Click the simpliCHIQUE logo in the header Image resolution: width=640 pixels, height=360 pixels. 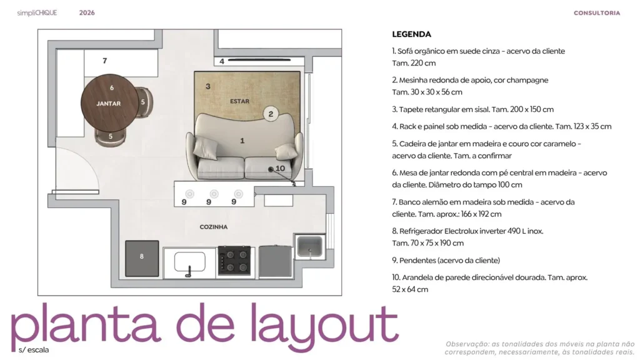37,12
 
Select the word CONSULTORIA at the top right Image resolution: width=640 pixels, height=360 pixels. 597,12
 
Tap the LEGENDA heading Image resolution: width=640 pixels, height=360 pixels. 411,34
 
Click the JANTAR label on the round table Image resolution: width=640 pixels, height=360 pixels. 108,103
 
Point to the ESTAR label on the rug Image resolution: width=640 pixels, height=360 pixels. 239,101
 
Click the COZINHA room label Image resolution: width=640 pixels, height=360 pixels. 213,227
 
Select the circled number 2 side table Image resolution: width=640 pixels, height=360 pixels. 271,113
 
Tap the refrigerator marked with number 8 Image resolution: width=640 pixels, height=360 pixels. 142,257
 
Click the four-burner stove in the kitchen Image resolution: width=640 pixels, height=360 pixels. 234,261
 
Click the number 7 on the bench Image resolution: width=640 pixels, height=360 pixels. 104,61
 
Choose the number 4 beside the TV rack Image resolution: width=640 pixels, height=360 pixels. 222,61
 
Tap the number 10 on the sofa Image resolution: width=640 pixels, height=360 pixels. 280,168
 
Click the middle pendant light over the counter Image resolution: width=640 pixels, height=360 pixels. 214,194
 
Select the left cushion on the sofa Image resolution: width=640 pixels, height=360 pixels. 204,148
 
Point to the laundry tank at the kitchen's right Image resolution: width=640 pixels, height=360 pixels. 309,247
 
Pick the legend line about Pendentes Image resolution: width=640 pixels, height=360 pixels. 446,260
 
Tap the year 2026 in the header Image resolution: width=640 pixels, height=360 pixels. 87,12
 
